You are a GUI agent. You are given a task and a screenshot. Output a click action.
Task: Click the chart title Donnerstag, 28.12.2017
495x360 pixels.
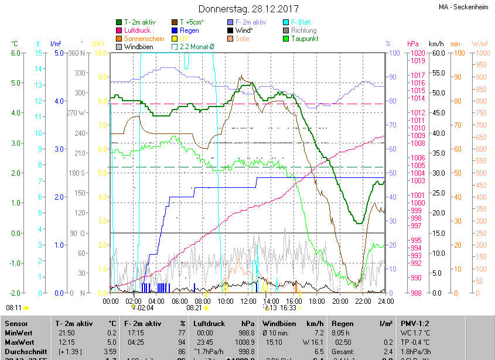(248, 9)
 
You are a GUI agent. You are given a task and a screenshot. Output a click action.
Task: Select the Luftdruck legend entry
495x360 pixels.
(136, 30)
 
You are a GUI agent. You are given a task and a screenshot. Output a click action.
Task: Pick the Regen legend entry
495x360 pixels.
(189, 30)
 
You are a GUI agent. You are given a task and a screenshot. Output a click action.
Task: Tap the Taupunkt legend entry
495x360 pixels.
(305, 39)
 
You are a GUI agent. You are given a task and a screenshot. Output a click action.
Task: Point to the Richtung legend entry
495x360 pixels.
(303, 30)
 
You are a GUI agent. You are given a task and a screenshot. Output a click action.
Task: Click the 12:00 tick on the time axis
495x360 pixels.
(248, 301)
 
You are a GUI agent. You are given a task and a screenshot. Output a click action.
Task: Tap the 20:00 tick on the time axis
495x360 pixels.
(340, 301)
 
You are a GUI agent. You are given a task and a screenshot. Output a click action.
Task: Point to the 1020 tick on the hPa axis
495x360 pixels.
(418, 53)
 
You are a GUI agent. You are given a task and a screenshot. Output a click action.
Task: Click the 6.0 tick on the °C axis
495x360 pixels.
(16, 53)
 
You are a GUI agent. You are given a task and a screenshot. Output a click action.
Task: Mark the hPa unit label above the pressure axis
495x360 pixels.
(413, 44)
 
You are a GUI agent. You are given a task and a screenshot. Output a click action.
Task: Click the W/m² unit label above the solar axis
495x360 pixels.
(480, 44)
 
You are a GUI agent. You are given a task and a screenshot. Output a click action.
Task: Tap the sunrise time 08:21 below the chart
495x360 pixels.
(194, 307)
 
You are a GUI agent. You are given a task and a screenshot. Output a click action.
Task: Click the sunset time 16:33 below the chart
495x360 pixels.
(288, 307)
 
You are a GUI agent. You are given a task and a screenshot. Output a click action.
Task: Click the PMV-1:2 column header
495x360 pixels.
(415, 323)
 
